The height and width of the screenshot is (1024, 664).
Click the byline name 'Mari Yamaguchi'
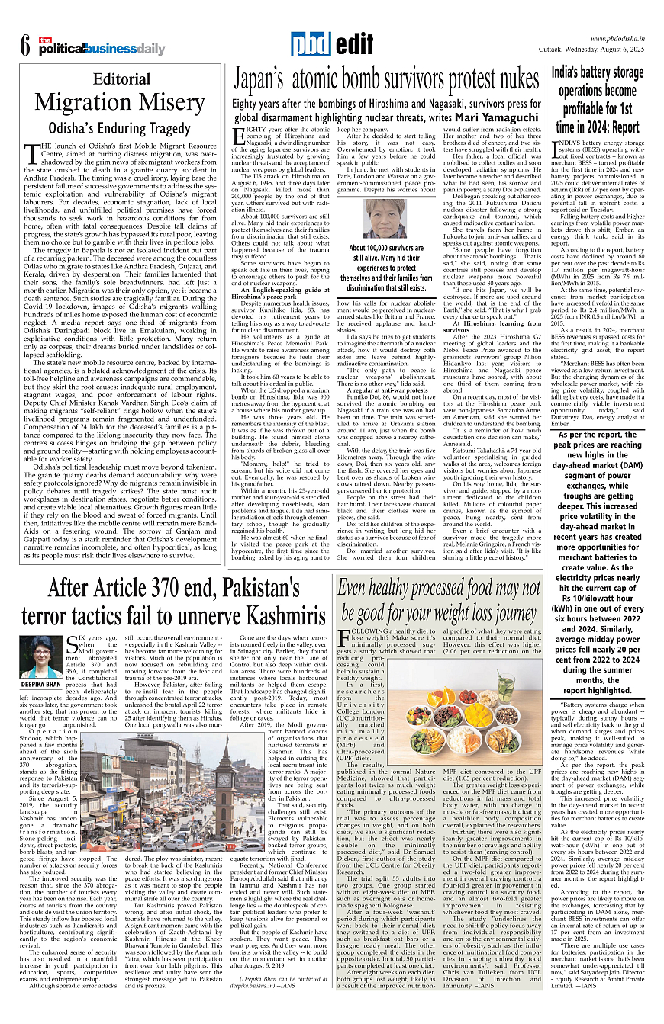(497, 117)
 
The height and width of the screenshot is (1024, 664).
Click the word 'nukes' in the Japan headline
(504, 79)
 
